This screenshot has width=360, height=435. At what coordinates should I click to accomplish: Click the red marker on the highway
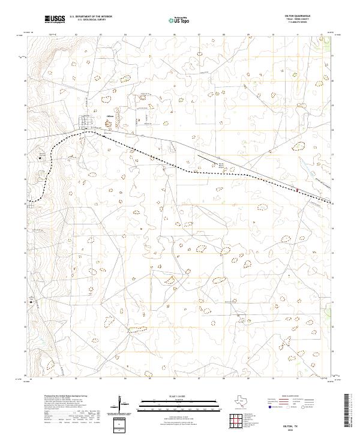(296, 190)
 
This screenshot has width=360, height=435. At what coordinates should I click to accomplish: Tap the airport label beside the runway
(221, 164)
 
